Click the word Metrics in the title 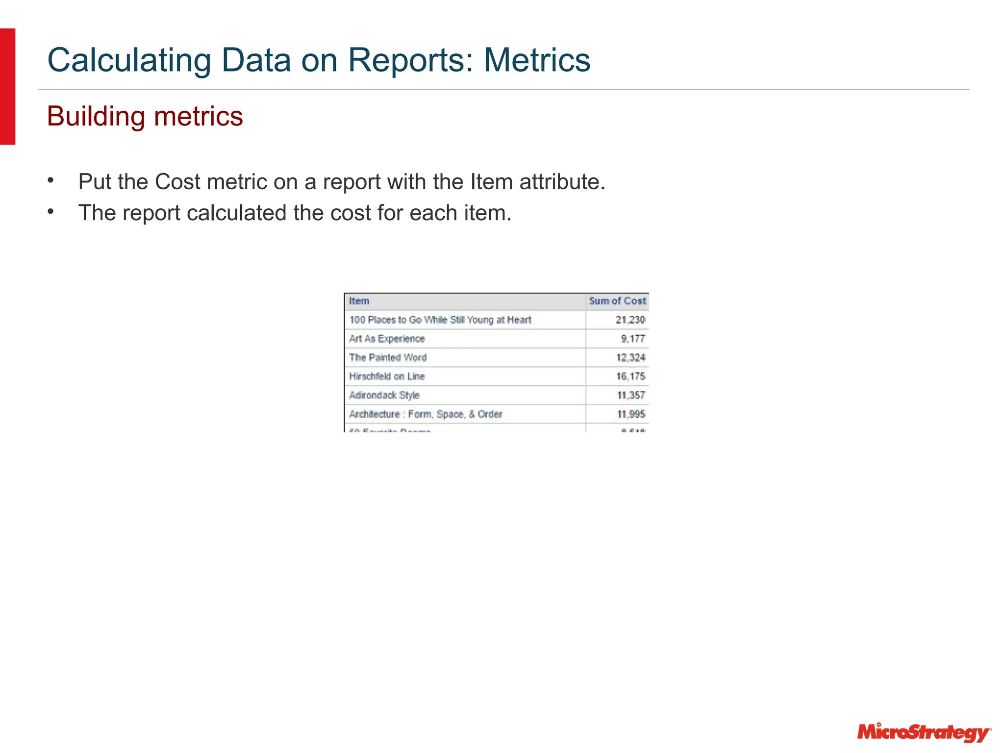[x=537, y=60]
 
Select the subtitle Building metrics [x=145, y=116]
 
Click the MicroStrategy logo [x=924, y=732]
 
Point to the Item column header [x=359, y=301]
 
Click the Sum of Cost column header [x=617, y=301]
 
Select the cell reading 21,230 [x=630, y=320]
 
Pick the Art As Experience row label [x=387, y=339]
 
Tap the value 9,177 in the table [x=632, y=339]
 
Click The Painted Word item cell [x=388, y=357]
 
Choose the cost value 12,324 [x=630, y=357]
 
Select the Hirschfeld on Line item [x=387, y=376]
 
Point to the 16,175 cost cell [x=630, y=376]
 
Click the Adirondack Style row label [x=384, y=395]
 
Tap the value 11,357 [x=631, y=395]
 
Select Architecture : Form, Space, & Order [x=426, y=414]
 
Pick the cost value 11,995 [x=631, y=414]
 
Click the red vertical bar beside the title [x=7, y=86]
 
